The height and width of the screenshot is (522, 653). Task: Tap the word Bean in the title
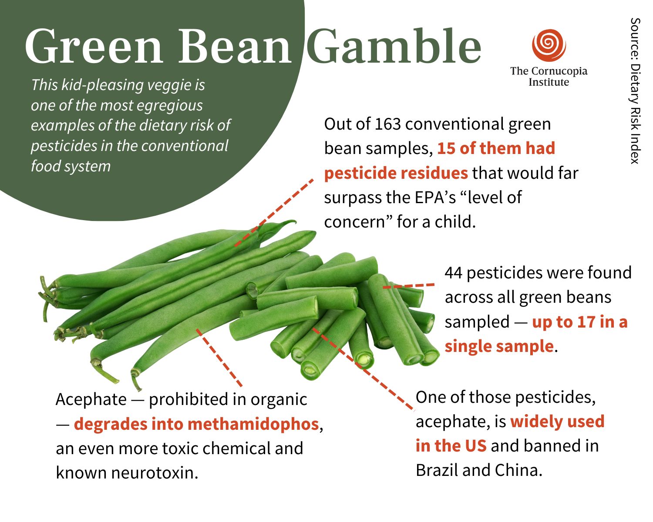[x=235, y=47]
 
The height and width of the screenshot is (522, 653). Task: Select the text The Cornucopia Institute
[x=549, y=77]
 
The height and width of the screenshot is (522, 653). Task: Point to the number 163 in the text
[x=388, y=124]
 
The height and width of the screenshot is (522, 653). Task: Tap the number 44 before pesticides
[x=454, y=273]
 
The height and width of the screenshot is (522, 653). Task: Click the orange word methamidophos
[x=253, y=424]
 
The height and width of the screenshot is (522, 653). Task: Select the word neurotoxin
[x=155, y=472]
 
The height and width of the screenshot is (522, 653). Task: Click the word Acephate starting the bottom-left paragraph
[x=91, y=399]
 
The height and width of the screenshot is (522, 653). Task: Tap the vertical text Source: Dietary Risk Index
[x=635, y=91]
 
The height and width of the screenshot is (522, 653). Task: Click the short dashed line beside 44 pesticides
[x=408, y=286]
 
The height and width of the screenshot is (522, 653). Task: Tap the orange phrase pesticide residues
[x=396, y=173]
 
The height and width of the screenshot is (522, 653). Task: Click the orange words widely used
[x=557, y=422]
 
